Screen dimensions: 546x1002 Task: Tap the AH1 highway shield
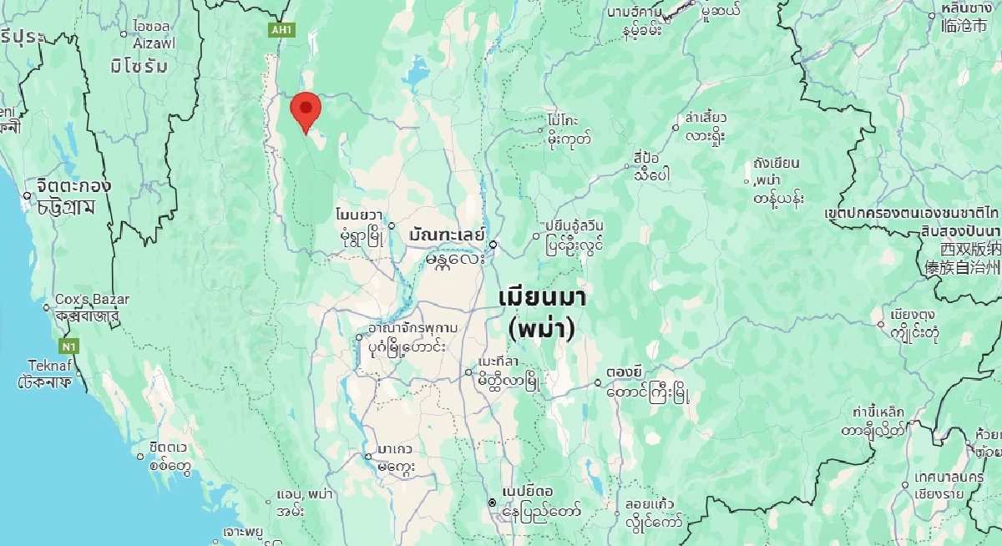281,30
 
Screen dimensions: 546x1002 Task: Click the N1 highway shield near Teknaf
67,346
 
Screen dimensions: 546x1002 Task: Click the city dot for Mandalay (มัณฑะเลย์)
493,245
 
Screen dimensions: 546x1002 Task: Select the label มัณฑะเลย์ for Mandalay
447,235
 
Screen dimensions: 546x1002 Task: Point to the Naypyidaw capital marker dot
493,502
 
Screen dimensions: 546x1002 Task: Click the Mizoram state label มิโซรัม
139,66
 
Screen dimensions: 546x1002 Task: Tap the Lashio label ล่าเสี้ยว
706,118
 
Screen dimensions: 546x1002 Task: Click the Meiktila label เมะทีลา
498,361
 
